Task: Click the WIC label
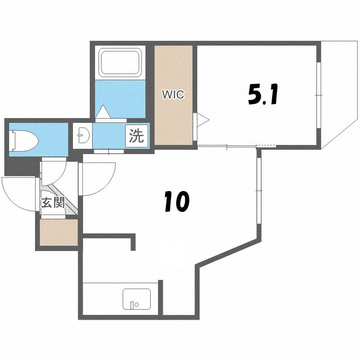pos(173,95)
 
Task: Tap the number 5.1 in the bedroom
pos(263,95)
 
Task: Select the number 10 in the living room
pos(177,201)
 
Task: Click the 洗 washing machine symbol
pos(137,135)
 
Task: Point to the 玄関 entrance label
pos(53,203)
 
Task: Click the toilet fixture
pos(24,141)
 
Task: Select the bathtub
pos(120,62)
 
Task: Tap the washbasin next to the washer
pos(82,135)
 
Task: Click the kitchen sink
pos(137,299)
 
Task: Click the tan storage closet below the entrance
pos(59,232)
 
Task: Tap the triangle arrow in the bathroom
pos(103,111)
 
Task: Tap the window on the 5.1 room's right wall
pos(319,95)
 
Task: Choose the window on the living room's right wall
pos(259,191)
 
